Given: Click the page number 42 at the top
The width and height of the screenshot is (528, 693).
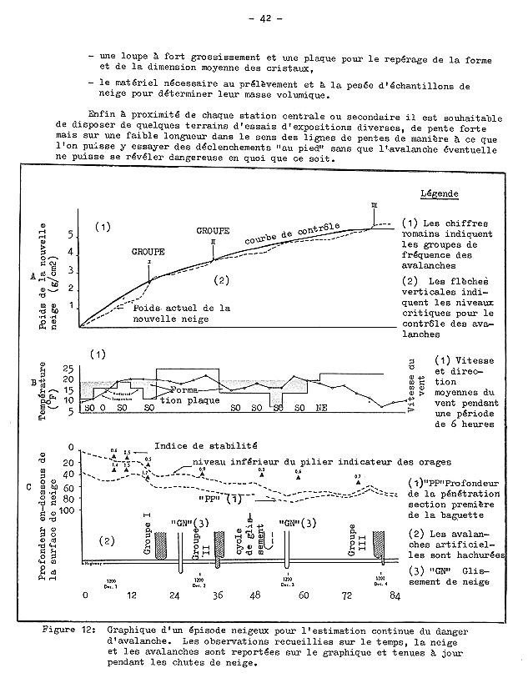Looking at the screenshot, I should [266, 18].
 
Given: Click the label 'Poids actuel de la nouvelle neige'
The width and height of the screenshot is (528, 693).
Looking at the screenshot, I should [181, 313].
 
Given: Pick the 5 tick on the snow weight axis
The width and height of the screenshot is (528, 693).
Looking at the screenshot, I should [71, 235].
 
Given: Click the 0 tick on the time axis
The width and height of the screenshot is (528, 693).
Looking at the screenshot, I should [83, 597].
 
